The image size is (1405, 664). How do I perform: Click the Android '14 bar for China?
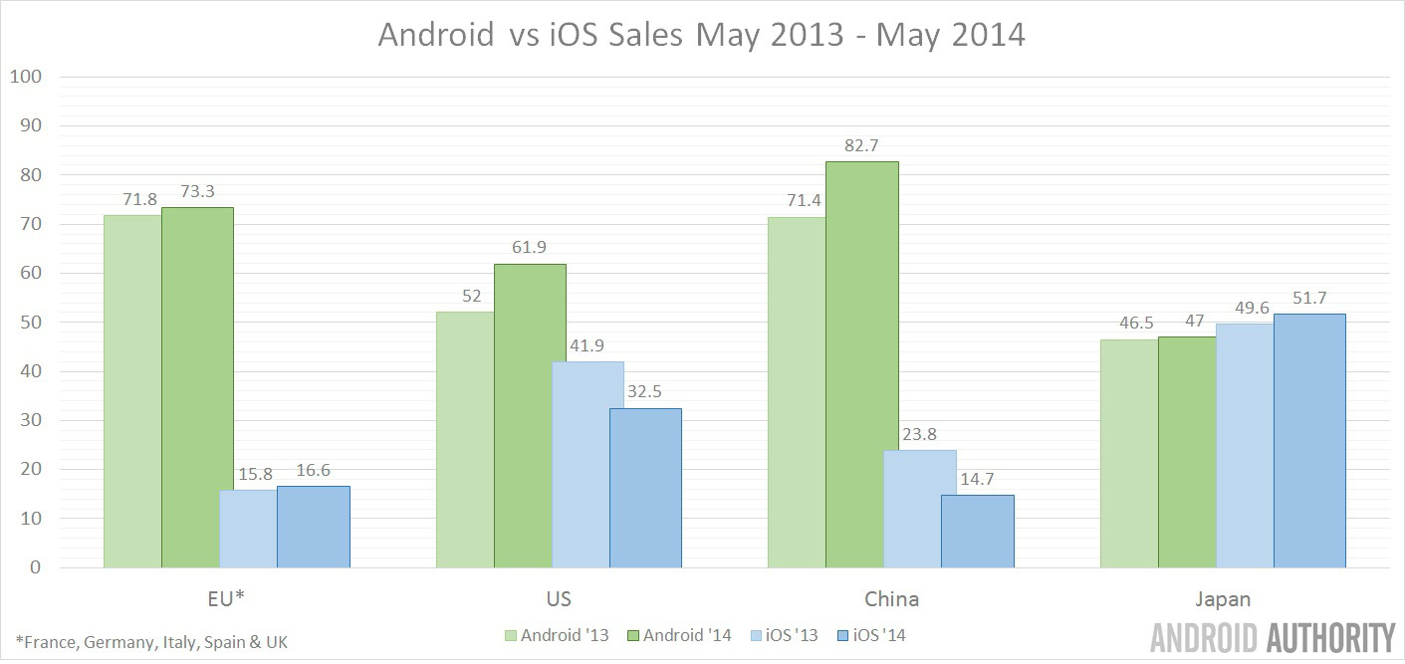pos(862,364)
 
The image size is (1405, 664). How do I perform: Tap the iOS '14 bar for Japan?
pos(1309,440)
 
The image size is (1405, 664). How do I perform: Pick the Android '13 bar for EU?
pos(132,391)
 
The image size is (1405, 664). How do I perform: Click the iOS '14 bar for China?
pos(978,531)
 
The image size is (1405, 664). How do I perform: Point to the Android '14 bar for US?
pos(530,415)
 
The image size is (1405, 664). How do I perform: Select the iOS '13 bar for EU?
pos(248,528)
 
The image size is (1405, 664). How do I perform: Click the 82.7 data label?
pos(862,145)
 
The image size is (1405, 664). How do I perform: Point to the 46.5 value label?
pos(1128,324)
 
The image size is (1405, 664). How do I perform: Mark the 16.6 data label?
pos(314,470)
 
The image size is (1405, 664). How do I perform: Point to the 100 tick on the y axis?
pos(27,77)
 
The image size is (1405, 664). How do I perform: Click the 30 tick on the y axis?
pos(30,420)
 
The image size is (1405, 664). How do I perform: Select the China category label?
pos(891,599)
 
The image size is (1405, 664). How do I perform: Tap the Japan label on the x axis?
pos(1224,599)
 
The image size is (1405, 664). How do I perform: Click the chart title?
pos(701,36)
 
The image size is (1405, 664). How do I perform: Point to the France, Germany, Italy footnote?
pos(151,642)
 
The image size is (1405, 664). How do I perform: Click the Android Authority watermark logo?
pos(1273,638)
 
